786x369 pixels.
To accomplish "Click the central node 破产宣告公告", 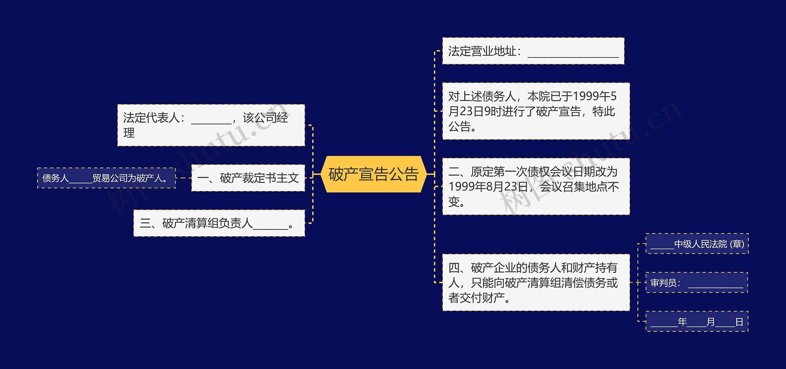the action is (x=373, y=174).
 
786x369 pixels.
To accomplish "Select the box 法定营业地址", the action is (x=533, y=51).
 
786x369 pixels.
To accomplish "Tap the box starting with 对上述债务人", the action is (x=536, y=111).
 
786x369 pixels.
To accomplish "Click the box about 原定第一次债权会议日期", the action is (x=536, y=186).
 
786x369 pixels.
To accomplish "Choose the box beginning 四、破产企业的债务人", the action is (x=536, y=282).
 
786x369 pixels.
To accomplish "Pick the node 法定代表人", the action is (x=211, y=125).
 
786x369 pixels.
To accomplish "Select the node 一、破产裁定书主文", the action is (x=248, y=178).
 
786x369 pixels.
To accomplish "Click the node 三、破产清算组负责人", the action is (x=219, y=223).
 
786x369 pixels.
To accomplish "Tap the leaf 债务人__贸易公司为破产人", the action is (x=107, y=178).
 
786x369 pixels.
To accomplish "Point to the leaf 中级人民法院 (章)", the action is (x=697, y=244).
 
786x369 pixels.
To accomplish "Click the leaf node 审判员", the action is (x=697, y=282).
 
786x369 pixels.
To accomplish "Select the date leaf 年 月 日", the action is (x=697, y=321).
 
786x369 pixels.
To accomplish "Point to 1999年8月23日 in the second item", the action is (x=488, y=186).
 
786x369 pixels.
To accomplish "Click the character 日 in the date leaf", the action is (x=739, y=322).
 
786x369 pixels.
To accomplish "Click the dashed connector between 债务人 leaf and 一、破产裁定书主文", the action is (x=184, y=178).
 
